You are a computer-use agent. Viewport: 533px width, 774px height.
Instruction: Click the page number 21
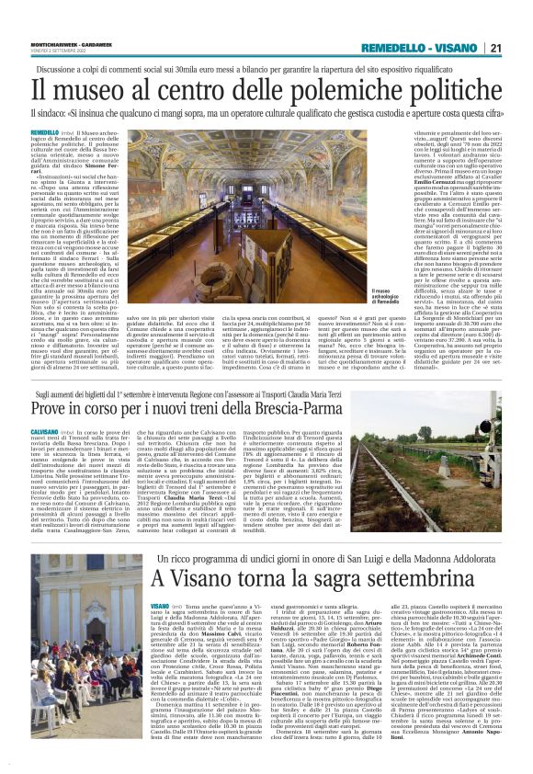tap(494, 48)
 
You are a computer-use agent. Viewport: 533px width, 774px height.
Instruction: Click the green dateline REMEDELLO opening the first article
tap(46, 133)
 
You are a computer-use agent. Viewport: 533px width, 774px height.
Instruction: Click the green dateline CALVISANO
tap(45, 404)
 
